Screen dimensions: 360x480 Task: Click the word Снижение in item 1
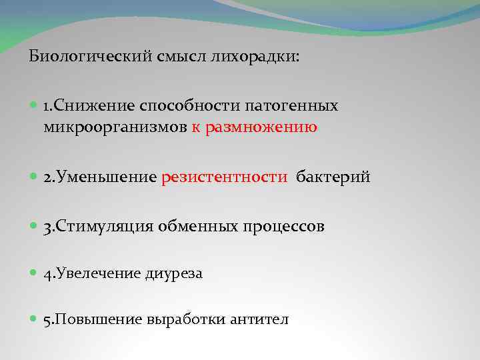pyautogui.click(x=95, y=106)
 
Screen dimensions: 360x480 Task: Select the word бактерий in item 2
pyautogui.click(x=333, y=177)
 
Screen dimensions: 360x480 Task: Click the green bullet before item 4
pyautogui.click(x=34, y=273)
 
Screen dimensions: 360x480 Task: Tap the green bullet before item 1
pyautogui.click(x=34, y=105)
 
